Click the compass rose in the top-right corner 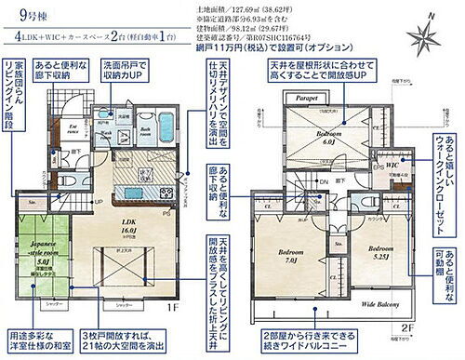click(x=428, y=39)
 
